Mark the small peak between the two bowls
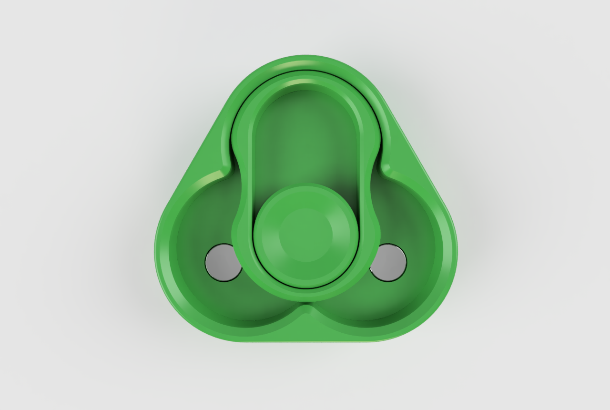(306, 310)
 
